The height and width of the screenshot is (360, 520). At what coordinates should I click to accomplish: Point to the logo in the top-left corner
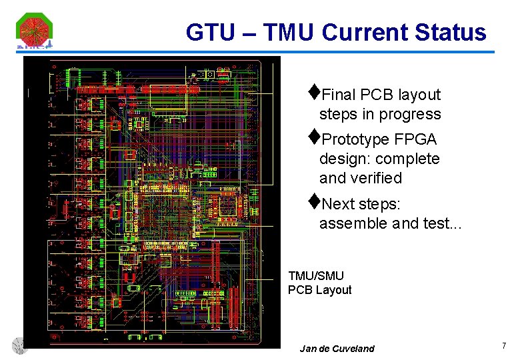click(34, 31)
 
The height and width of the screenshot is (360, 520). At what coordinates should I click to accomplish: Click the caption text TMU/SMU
click(316, 275)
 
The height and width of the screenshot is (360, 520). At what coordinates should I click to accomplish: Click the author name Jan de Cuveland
click(337, 349)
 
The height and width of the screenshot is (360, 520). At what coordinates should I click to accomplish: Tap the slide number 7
click(504, 345)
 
